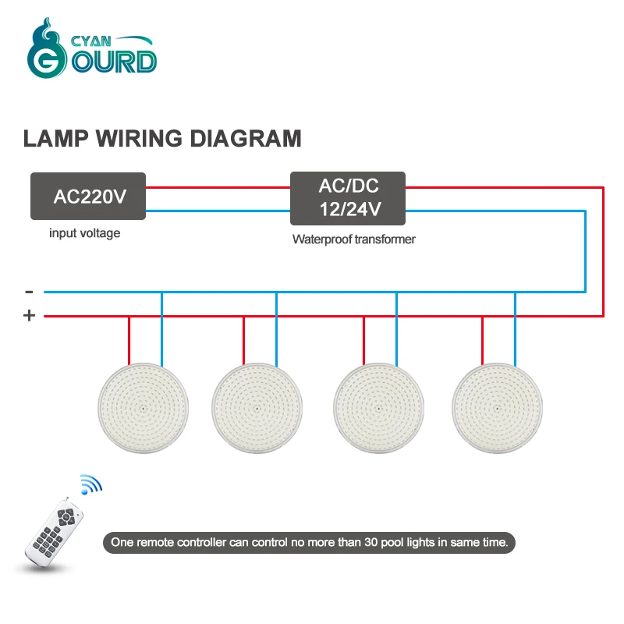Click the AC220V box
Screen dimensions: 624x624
point(88,196)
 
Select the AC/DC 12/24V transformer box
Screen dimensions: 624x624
point(348,196)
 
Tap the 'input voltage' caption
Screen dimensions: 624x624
point(85,233)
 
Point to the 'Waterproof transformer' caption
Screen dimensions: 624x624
point(353,239)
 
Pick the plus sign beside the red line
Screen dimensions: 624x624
point(30,316)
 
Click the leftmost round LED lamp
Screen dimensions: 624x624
point(144,408)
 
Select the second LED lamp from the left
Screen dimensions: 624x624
point(258,408)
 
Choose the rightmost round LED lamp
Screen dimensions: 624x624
point(497,408)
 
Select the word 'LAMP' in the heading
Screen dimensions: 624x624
point(57,139)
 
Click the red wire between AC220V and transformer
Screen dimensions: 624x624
point(218,187)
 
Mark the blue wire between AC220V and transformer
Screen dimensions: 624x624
point(218,211)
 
